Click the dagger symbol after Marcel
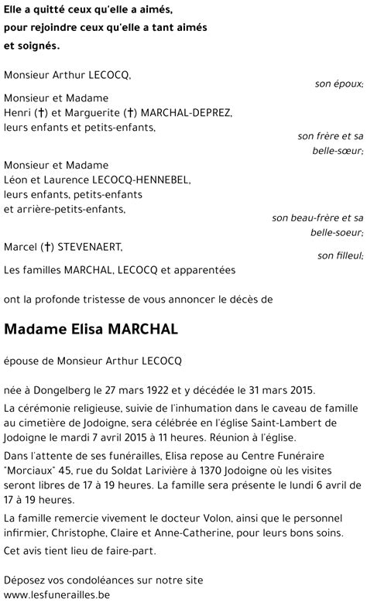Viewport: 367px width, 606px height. click(x=48, y=246)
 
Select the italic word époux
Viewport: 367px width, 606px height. click(x=345, y=83)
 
